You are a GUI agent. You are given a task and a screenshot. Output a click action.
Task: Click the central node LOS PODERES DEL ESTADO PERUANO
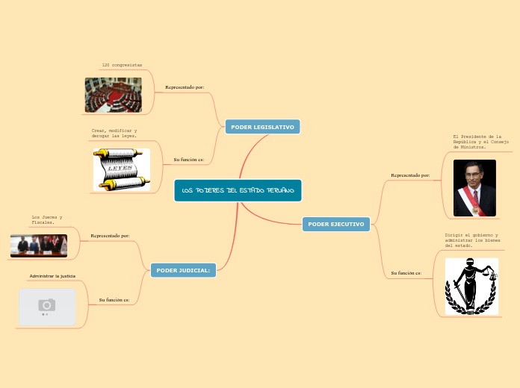click(238, 190)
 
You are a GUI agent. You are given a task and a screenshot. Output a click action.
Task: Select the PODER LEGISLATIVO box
click(262, 127)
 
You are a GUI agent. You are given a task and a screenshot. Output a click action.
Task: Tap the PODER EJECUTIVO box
click(336, 224)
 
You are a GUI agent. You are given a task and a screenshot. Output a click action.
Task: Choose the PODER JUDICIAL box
click(183, 269)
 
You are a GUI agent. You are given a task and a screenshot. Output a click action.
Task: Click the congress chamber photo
click(113, 95)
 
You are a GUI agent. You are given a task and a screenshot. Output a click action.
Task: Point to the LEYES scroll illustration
click(121, 169)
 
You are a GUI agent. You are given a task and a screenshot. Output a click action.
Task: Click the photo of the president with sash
click(474, 188)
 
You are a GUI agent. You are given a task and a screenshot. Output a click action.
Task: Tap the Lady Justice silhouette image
click(471, 287)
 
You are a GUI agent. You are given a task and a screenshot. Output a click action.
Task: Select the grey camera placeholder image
click(47, 307)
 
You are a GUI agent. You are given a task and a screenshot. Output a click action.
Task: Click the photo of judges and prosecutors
click(39, 245)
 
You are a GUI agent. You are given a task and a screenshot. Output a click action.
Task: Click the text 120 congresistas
click(122, 66)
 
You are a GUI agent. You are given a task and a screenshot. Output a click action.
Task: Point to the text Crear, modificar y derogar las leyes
click(114, 134)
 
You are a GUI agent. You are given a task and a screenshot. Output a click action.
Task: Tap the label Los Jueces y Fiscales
click(47, 219)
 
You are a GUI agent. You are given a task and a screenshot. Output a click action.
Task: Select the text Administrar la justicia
click(52, 276)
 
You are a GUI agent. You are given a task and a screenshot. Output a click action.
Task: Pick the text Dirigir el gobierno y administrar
click(472, 240)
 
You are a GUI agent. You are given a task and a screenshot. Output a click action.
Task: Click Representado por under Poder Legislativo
click(185, 87)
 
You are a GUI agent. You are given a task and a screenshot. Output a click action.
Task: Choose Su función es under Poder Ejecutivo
click(406, 273)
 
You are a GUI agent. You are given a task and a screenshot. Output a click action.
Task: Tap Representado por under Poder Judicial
click(110, 236)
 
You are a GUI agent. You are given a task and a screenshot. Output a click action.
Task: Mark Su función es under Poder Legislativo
click(189, 160)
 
